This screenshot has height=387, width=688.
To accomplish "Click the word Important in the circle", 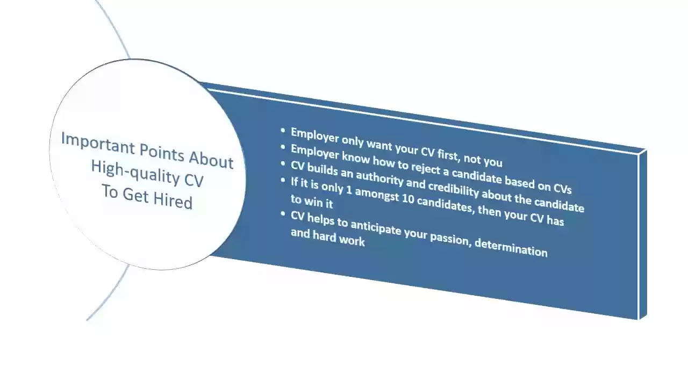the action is tap(98, 144).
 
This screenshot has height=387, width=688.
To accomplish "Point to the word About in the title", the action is tap(211, 160).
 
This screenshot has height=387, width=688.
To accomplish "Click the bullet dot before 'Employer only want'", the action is tap(283, 131).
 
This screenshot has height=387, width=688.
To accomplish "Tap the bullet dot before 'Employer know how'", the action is tap(283, 147).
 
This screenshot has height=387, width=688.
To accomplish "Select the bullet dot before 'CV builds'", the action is tap(283, 163).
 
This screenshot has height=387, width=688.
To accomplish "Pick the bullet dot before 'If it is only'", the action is tap(283, 180).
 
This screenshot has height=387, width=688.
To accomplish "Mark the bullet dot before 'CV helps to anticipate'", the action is tap(283, 213).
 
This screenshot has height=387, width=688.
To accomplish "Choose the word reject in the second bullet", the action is tap(425, 168).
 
